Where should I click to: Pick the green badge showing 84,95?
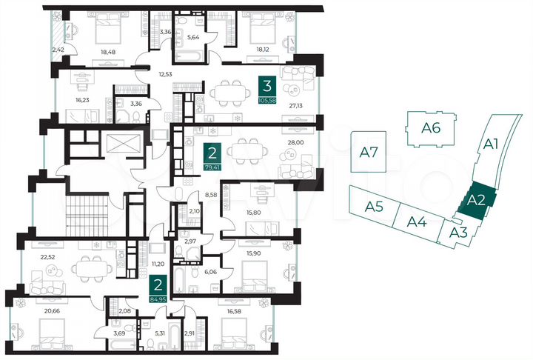[x=156, y=290]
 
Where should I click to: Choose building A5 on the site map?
[x=374, y=206]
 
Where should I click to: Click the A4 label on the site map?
[x=417, y=221]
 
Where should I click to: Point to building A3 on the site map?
[x=458, y=234]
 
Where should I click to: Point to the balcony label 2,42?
[x=57, y=51]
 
